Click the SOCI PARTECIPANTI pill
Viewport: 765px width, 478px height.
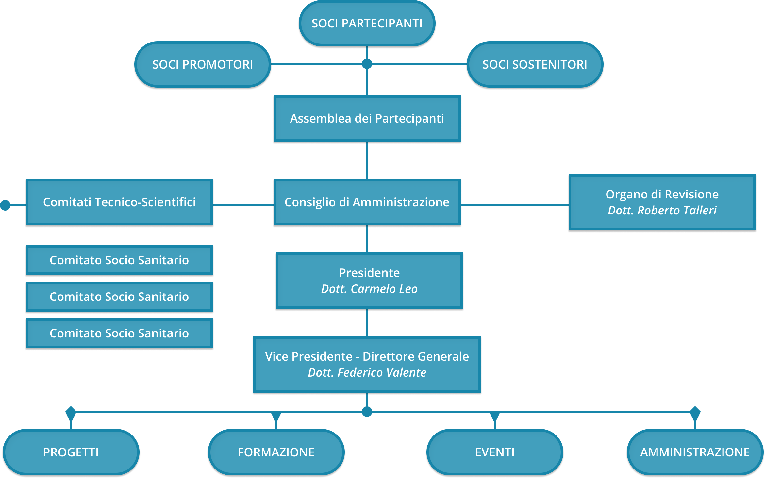pos(367,24)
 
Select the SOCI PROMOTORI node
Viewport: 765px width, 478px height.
pos(203,65)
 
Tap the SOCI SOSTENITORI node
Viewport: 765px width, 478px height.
pos(535,65)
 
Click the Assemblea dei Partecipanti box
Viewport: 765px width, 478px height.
pos(367,118)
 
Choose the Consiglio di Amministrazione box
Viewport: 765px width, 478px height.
pos(367,202)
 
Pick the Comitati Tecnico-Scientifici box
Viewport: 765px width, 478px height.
pos(119,202)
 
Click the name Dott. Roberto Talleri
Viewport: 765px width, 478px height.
pos(662,211)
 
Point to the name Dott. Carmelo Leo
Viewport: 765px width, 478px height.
pos(369,289)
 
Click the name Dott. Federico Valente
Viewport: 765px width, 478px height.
pos(367,373)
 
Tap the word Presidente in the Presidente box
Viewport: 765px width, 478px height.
pos(369,273)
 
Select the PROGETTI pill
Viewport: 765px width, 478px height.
pos(71,452)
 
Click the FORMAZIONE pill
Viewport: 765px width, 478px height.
pos(276,452)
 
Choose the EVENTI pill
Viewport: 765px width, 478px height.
pos(495,452)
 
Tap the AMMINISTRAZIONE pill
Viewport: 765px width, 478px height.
pos(695,452)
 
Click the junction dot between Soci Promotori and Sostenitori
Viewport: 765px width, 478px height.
pos(367,64)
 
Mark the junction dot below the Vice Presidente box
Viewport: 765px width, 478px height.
pos(367,412)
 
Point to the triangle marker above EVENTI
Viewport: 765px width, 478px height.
pos(495,416)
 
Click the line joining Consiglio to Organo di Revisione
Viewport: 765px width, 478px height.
pos(514,205)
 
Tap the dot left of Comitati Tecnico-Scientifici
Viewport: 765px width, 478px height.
pos(5,205)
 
